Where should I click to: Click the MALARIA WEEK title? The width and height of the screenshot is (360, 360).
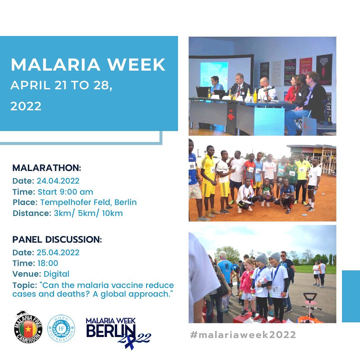88,65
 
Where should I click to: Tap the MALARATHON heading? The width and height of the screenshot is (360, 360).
47,168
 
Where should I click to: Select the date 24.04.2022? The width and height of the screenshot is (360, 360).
58,181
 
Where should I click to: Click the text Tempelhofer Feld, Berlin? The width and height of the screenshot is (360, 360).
88,202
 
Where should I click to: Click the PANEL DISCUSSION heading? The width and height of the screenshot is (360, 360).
57,239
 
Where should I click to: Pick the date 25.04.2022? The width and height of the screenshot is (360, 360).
58,253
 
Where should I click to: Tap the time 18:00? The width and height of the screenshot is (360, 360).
48,263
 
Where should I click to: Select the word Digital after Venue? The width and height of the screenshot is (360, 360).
56,274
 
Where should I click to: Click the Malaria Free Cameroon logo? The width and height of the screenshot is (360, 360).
28,327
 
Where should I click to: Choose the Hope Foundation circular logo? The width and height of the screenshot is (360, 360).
61,329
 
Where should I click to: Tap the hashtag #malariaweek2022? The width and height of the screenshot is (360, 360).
243,335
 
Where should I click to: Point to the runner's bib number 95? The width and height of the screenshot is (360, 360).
192,166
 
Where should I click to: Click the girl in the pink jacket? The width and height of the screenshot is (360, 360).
247,288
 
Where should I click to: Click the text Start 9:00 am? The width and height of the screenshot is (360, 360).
65,192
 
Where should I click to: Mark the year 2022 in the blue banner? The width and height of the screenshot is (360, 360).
26,106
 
